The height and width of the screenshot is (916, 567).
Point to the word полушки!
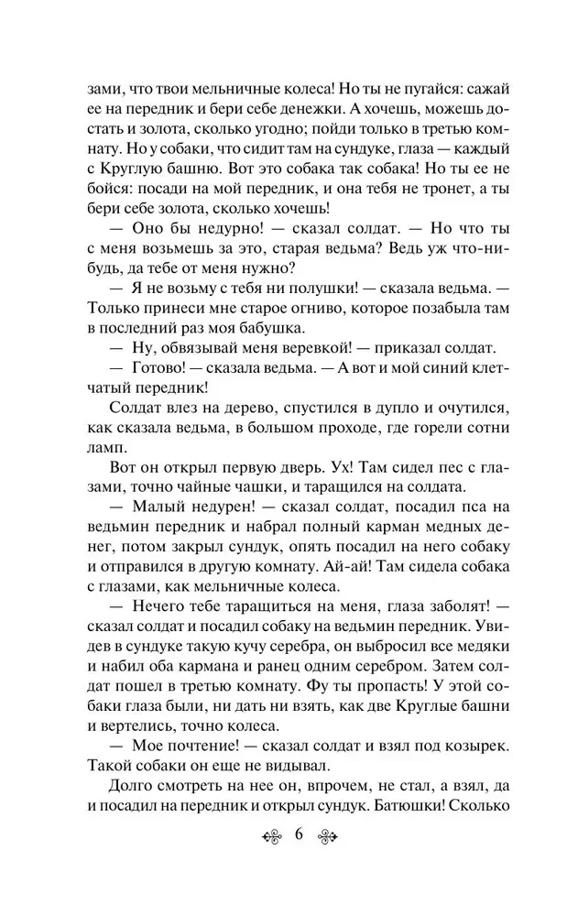click(x=285, y=285)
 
